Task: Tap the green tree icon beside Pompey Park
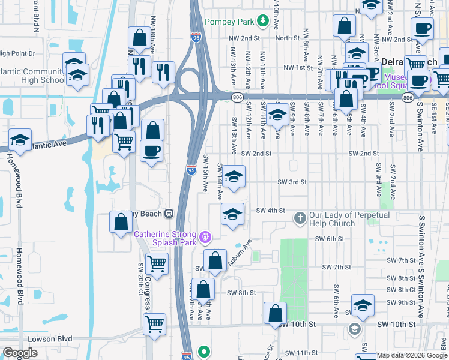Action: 262,22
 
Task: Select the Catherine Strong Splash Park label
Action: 164,238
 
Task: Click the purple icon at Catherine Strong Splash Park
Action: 205,238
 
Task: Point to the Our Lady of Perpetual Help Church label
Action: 349,219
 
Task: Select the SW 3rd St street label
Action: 292,182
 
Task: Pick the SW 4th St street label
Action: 270,211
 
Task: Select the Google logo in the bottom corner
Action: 20,353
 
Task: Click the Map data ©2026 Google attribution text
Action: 411,355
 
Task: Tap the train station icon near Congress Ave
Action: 169,213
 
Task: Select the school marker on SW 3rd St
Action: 234,176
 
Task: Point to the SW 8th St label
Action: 241,293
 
